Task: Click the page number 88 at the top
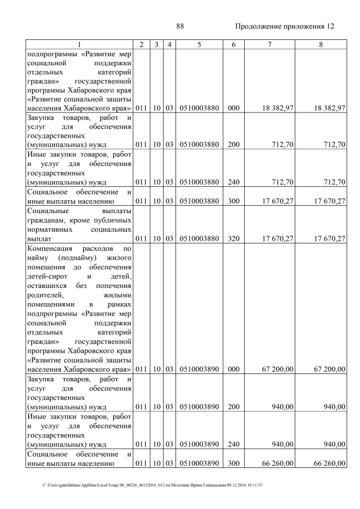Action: (180, 26)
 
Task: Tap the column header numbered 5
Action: (199, 44)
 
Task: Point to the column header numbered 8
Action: (320, 44)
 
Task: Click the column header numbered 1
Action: (79, 44)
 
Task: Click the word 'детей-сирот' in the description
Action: (46, 276)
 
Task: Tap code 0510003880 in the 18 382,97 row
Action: (199, 108)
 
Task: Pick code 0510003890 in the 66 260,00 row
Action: (199, 463)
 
